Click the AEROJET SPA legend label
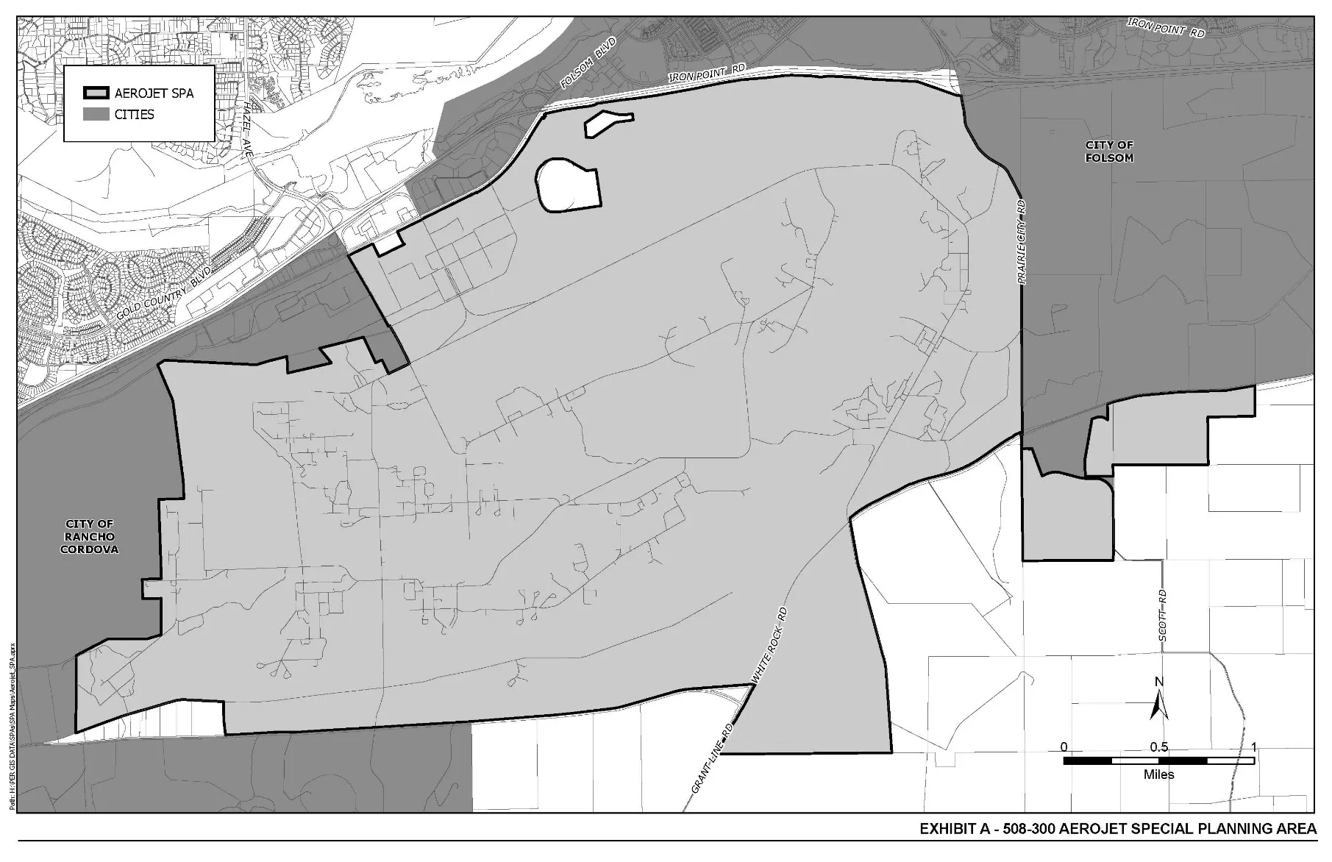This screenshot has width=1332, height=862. coord(154,93)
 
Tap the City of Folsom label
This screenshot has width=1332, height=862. coord(1109,152)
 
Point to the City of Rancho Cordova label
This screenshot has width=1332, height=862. coord(90,536)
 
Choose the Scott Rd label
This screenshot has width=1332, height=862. coord(1163,614)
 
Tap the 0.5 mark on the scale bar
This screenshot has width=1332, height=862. coord(1159,747)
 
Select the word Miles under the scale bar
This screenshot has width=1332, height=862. coord(1158,774)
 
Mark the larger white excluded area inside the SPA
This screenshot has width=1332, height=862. coord(568,186)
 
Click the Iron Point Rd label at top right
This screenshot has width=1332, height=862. coord(1166,28)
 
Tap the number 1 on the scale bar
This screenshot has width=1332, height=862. coord(1253,747)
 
